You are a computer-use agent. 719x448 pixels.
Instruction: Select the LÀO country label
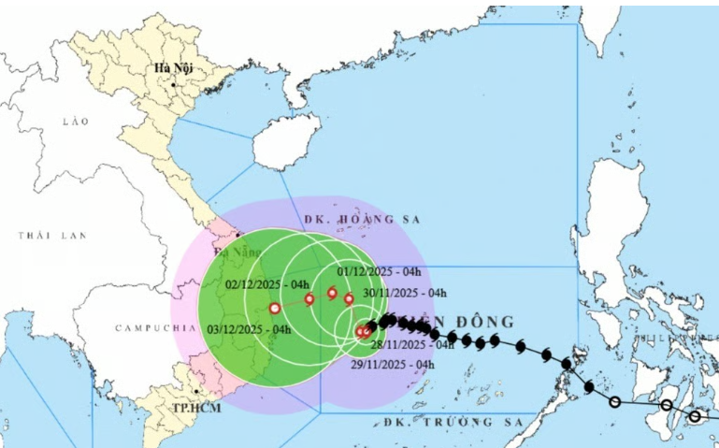point(74,123)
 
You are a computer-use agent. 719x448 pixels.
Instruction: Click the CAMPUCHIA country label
point(150,328)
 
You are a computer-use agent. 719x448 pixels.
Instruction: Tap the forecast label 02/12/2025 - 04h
point(267,283)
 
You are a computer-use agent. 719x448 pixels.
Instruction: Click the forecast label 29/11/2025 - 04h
point(393,364)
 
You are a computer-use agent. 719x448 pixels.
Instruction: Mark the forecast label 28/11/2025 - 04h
point(411,344)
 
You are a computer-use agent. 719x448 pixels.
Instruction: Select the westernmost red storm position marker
point(274,308)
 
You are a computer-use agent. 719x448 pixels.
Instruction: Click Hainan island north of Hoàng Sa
point(280,143)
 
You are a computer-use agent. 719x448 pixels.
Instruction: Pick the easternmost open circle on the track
point(695,416)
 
